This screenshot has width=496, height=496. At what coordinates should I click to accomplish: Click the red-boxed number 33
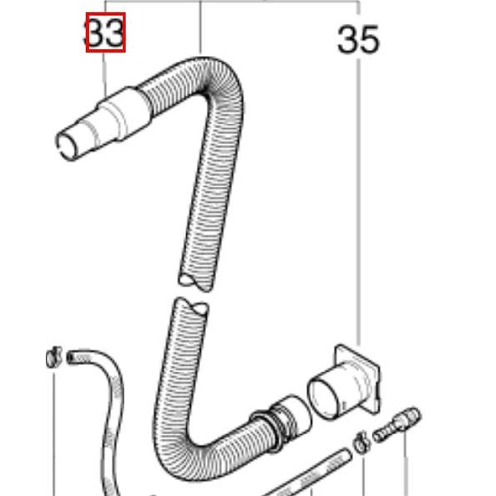click(106, 33)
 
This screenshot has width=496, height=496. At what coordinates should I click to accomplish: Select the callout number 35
click(358, 40)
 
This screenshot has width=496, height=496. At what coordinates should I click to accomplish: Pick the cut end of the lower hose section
click(191, 306)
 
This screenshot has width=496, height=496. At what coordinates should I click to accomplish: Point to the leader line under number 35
click(359, 198)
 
